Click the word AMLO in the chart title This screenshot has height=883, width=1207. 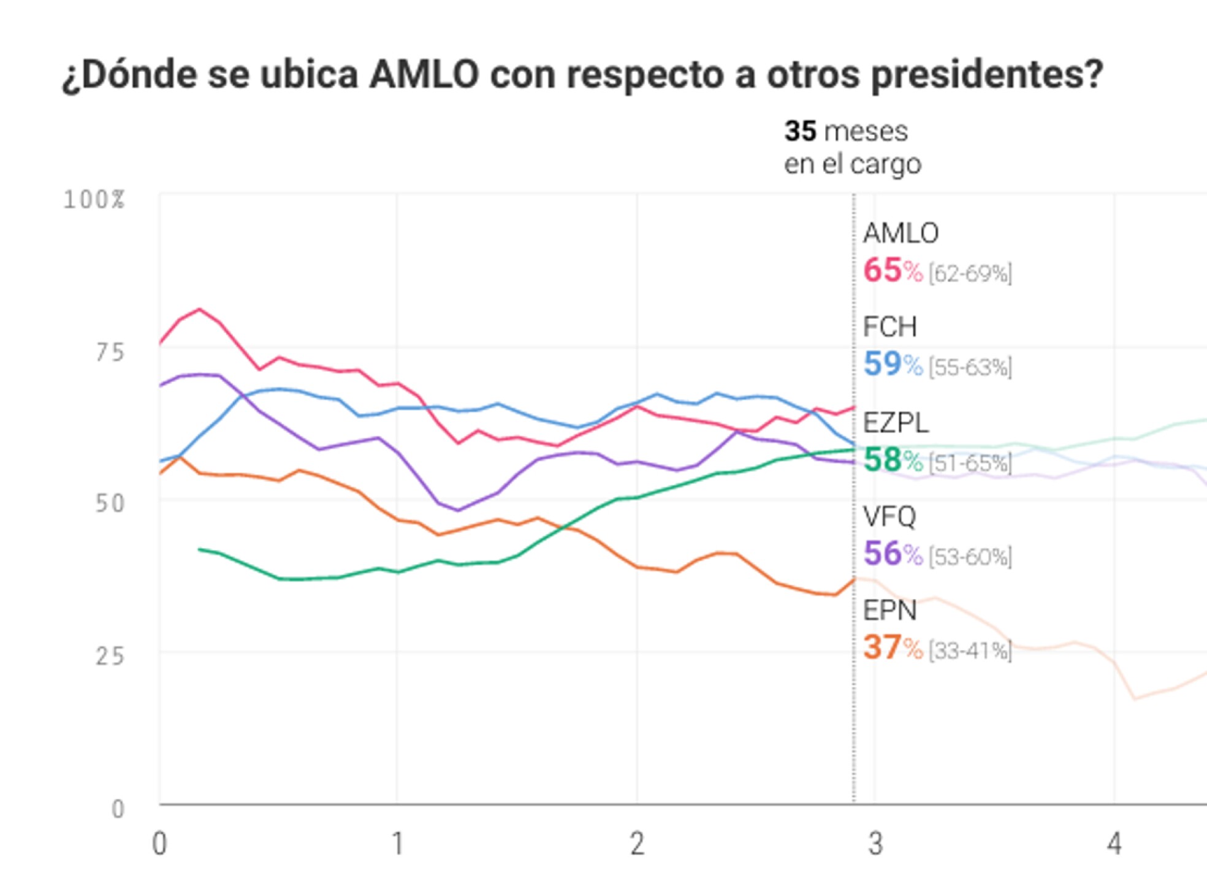tap(424, 75)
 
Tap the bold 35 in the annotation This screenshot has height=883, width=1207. tap(800, 131)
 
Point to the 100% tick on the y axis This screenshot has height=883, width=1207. tap(94, 200)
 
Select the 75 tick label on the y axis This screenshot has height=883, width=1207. tap(110, 353)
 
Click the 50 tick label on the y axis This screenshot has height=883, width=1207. tap(110, 503)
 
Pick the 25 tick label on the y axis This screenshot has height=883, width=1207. tap(110, 656)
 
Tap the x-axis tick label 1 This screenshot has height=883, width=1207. tap(398, 844)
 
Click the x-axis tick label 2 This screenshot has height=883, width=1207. tap(637, 844)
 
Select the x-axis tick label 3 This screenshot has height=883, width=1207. tap(875, 844)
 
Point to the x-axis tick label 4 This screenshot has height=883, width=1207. tap(1114, 844)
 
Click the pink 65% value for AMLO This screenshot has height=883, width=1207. tap(892, 270)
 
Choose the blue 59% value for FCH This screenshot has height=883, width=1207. tap(892, 364)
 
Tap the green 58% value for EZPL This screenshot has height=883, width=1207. tap(892, 460)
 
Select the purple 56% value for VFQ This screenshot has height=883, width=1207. tap(892, 554)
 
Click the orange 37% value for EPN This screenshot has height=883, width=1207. tap(892, 648)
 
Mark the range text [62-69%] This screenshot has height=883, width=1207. tap(970, 273)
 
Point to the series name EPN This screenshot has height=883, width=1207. tap(889, 611)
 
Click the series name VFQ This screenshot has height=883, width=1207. tap(889, 517)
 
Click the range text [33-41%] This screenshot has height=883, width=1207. tap(970, 651)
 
